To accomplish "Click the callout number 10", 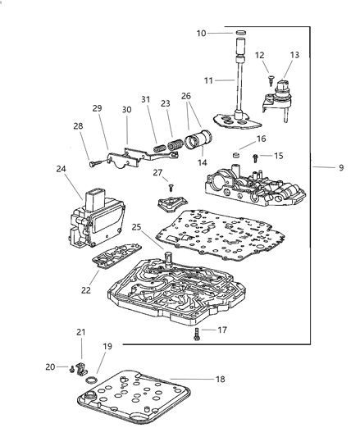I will coord(202,33).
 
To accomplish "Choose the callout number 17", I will coord(221,330).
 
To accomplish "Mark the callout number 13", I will coord(294,55).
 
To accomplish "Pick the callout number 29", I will coord(97,109).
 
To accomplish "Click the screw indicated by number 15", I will coord(255,156).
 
